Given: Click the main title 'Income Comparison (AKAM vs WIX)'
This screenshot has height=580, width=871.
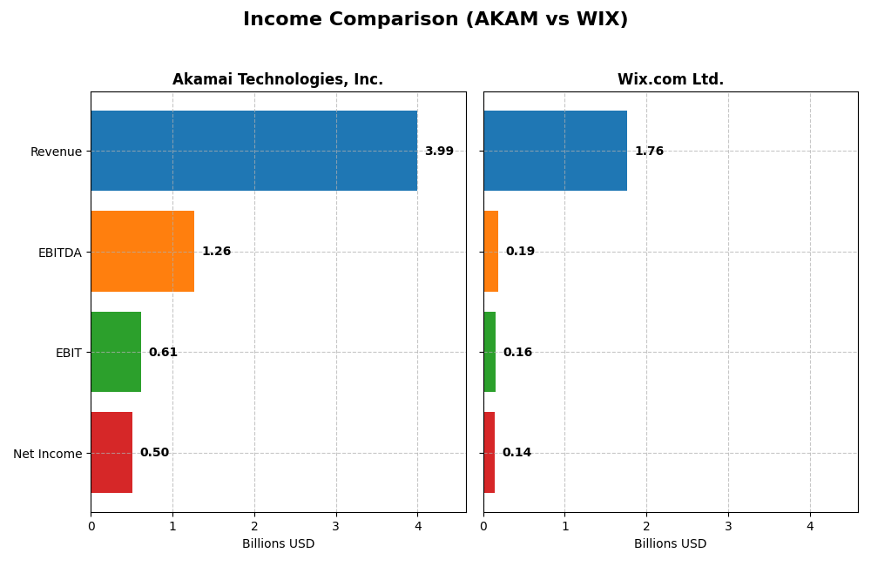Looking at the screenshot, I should coord(435,19).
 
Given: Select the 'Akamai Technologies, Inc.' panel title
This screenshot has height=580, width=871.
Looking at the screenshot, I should coord(277,79).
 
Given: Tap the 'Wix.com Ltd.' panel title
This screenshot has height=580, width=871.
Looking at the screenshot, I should coord(670,79).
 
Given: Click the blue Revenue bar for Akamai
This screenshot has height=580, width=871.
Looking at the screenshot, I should coord(253,151).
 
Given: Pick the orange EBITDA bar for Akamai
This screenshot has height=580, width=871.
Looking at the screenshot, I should coord(142,251).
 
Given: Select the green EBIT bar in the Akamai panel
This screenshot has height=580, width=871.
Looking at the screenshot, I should coord(116,352).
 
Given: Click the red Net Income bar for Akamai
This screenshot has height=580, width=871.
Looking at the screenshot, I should coord(111,452).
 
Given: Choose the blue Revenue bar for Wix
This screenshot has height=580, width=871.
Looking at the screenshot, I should coord(555,151).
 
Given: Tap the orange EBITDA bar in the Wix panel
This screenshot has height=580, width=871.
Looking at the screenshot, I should coord(490,251).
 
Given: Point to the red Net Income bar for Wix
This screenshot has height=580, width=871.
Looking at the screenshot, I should coord(489,452).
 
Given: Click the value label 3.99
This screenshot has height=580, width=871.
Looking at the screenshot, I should coord(439,152).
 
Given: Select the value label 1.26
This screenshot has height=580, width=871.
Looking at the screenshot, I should coord(216,252).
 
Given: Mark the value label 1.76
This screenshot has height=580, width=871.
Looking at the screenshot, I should coord(649,152).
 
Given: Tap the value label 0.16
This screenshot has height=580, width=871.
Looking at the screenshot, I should coord(517,353).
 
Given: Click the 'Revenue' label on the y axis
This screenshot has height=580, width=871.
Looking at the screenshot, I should coord(56,152).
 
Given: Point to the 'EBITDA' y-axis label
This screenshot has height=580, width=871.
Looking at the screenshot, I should coord(59,253).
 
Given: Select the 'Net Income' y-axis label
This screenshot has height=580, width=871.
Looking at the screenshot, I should coord(47,454).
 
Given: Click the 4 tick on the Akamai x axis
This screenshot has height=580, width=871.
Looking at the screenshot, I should coord(417,526).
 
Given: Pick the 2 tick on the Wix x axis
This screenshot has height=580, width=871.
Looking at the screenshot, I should coord(646,526).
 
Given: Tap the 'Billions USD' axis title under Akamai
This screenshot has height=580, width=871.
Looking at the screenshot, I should coord(278,543).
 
